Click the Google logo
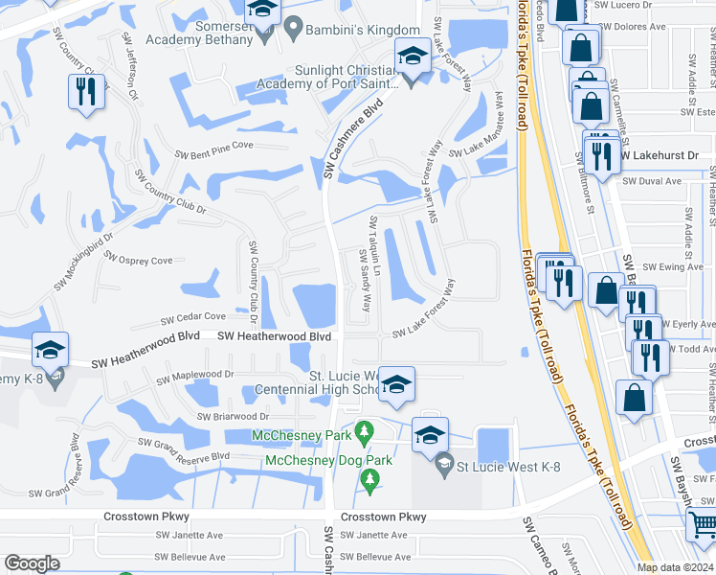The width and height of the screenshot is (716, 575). coord(32,563)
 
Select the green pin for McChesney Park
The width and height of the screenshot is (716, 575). coord(363,432)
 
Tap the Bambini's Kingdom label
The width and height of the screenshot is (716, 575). coord(363,31)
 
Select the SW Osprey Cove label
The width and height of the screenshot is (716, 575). coord(138,260)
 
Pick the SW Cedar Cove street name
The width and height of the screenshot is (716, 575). coord(192,316)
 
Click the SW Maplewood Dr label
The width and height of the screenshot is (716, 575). coord(196,375)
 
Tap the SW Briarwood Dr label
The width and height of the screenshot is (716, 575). coord(234,417)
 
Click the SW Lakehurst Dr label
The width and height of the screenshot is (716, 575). coord(660,154)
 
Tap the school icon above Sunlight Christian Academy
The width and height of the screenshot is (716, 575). coord(412,56)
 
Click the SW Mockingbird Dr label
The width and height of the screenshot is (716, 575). coord(83,261)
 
